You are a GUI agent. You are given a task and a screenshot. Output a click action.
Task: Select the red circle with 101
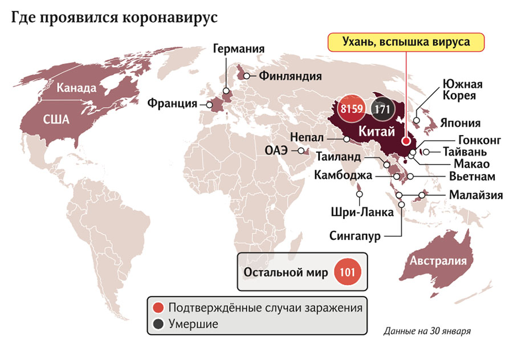pyautogui.click(x=347, y=272)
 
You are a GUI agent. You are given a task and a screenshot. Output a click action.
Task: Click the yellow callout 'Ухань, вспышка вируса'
pyautogui.click(x=405, y=42)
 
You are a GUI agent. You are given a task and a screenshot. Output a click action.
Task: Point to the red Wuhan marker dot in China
pyautogui.click(x=405, y=141)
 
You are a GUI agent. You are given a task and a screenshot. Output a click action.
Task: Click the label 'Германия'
pyautogui.click(x=239, y=48)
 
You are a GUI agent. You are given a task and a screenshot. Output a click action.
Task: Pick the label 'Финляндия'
pyautogui.click(x=290, y=75)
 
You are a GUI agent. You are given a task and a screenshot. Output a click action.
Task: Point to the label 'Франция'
pyautogui.click(x=172, y=104)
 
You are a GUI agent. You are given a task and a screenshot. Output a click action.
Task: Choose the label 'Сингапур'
pyautogui.click(x=355, y=235)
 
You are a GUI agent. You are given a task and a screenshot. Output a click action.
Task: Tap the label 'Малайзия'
pyautogui.click(x=475, y=195)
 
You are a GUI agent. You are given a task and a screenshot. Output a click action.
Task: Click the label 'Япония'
pyautogui.click(x=461, y=122)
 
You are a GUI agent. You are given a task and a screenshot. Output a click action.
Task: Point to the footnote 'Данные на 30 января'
pyautogui.click(x=427, y=330)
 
